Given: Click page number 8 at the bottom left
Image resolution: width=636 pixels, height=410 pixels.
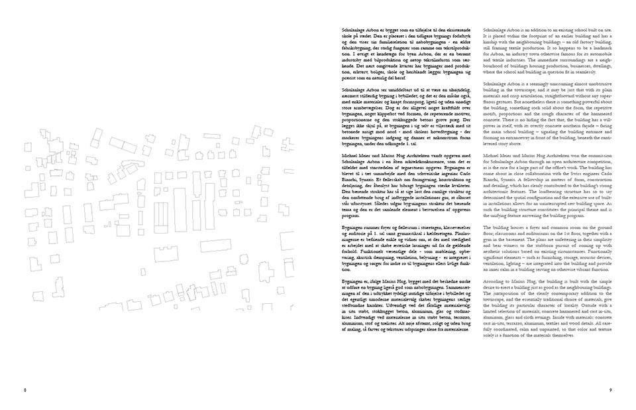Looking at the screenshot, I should click(x=23, y=390).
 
